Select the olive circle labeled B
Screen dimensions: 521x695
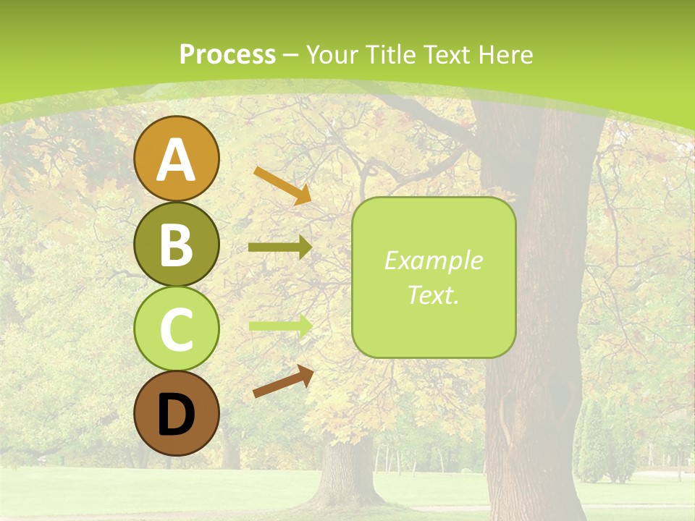176,244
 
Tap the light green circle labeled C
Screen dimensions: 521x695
176,329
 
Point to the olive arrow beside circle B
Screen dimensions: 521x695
279,247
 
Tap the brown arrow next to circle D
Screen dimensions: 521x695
283,381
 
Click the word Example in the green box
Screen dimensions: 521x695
434,260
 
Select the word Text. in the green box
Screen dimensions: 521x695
434,295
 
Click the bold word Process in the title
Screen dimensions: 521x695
227,54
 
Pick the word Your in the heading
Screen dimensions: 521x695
333,54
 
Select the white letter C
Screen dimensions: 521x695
176,330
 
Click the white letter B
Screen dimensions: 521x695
176,245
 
